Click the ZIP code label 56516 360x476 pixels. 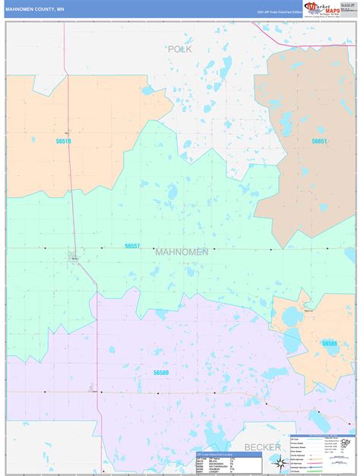click(63, 141)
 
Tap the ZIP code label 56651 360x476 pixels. click(319, 141)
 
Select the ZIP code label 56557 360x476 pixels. click(133, 246)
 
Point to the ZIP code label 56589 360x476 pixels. click(161, 373)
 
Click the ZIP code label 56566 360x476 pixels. click(330, 343)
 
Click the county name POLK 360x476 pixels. click(180, 49)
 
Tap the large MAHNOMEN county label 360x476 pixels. click(179, 251)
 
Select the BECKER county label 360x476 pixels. click(262, 447)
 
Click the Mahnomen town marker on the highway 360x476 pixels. click(74, 257)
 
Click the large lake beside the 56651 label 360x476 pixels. click(287, 121)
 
